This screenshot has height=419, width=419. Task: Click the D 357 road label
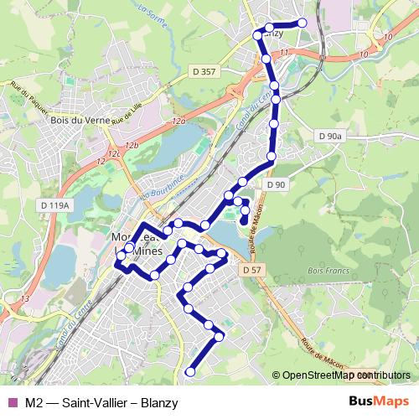203,72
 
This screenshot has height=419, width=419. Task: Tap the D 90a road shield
331,136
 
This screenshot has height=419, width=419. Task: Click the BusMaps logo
379,401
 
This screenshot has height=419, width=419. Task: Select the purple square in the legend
11,402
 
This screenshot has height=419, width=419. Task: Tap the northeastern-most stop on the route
303,23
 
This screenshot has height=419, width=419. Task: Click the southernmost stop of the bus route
190,371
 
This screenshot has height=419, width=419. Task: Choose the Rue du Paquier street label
28,97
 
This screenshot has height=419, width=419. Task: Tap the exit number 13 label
25,298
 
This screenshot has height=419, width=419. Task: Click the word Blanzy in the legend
158,402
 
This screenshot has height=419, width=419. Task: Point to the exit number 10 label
362,54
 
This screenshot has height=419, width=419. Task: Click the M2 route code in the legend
34,402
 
